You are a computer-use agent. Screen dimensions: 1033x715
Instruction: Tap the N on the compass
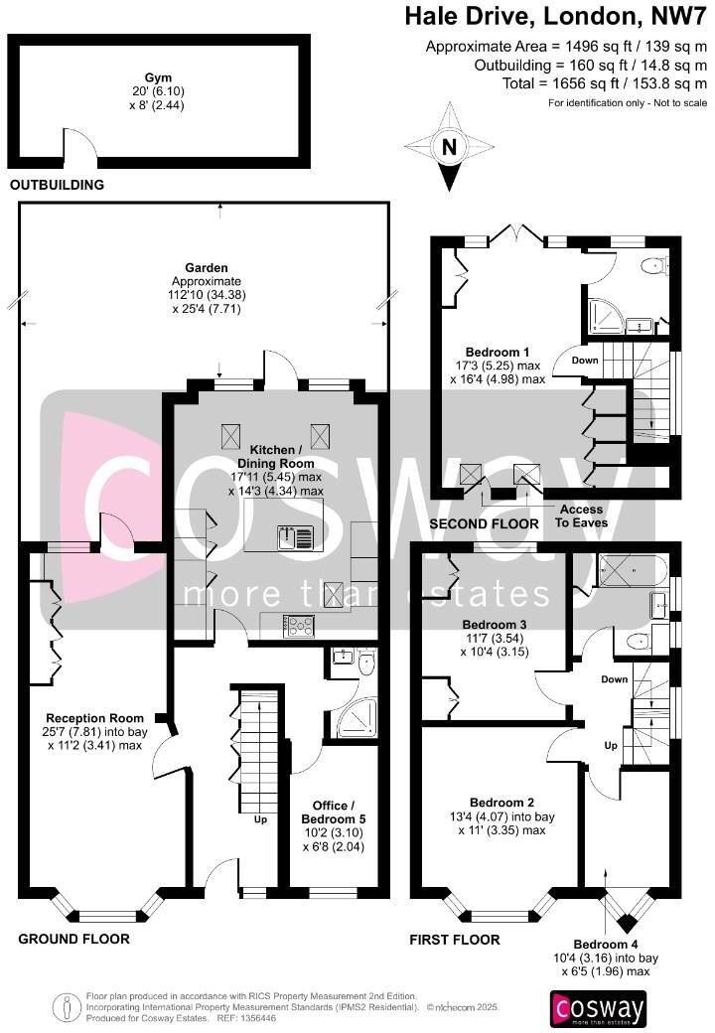(450, 147)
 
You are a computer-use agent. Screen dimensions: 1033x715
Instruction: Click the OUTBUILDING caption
(57, 185)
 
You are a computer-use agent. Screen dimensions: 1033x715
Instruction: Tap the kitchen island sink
(298, 537)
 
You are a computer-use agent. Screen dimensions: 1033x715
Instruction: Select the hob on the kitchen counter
(299, 625)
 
